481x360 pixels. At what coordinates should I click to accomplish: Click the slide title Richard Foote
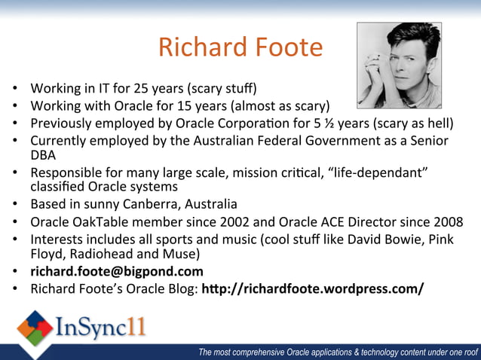(240, 47)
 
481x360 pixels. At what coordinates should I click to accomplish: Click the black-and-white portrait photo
(399, 66)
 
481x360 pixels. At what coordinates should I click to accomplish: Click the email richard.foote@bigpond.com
(117, 271)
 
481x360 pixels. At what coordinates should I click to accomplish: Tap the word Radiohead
(103, 254)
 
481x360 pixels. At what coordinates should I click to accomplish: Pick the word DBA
(44, 154)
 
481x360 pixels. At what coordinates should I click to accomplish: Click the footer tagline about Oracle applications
(338, 351)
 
